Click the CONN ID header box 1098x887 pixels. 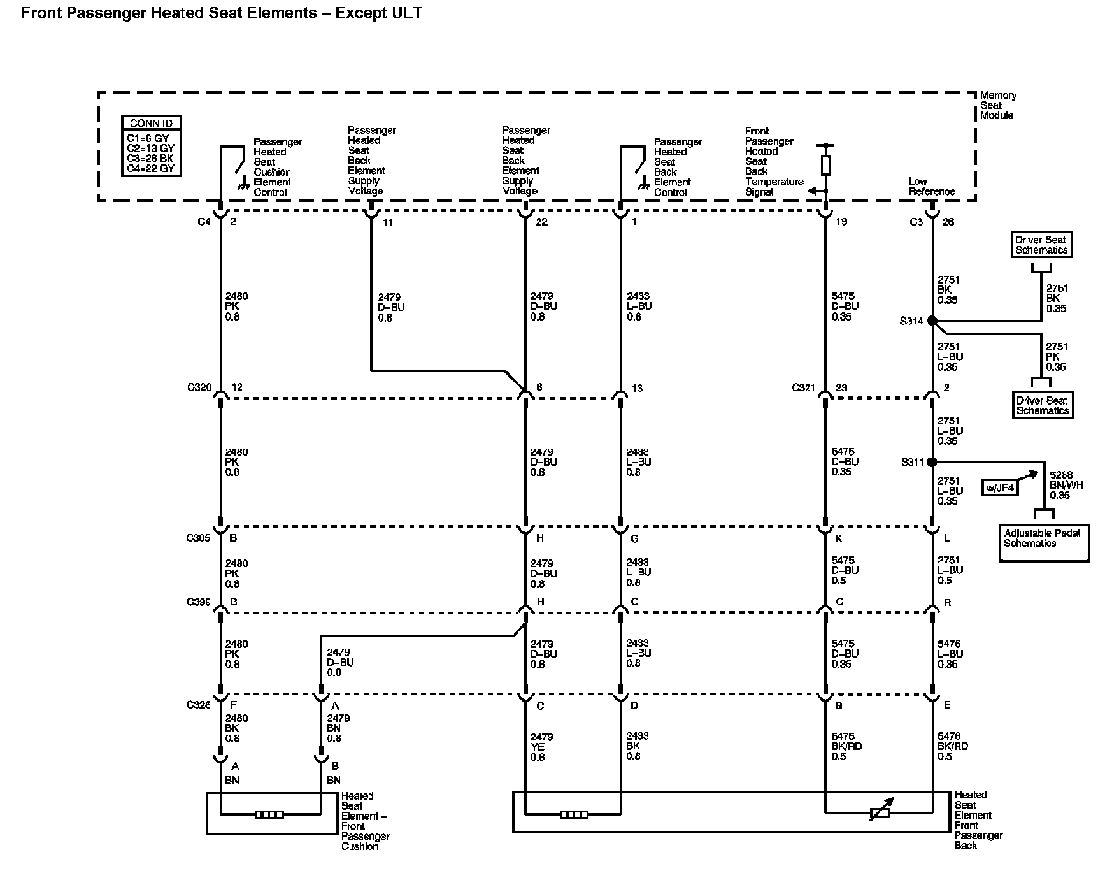(151, 123)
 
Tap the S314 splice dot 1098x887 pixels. (932, 321)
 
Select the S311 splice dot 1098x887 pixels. (932, 461)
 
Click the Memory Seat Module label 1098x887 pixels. (997, 105)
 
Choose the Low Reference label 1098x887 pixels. (931, 186)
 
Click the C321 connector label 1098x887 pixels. (803, 387)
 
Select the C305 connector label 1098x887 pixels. (198, 538)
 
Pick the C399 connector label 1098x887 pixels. (198, 602)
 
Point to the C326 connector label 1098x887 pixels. (198, 705)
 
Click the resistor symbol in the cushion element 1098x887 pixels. (269, 814)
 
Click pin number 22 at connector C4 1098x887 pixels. (541, 222)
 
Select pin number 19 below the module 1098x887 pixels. (841, 222)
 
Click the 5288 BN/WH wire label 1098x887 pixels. (1060, 485)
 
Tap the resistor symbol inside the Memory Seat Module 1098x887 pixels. (825, 165)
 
